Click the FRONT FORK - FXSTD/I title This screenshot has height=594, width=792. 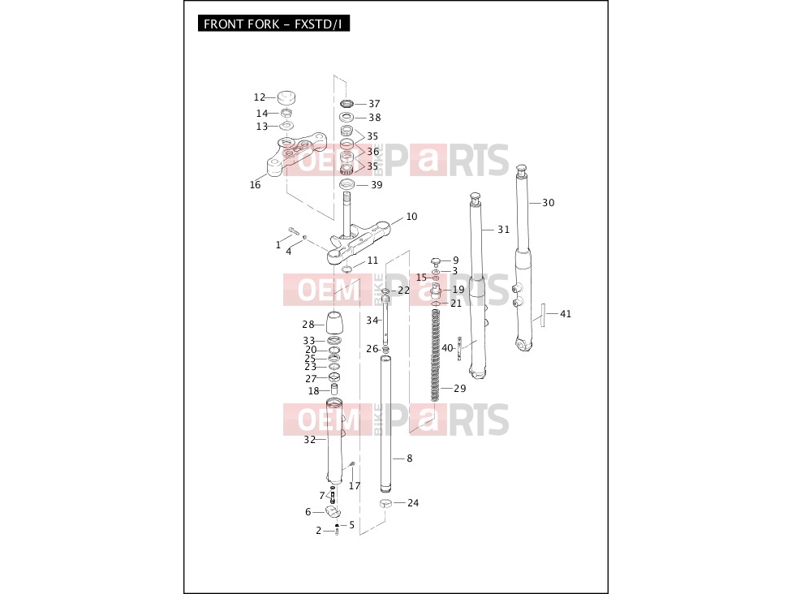(x=273, y=24)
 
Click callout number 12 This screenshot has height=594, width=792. (x=260, y=97)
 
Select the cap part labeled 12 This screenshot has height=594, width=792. (x=286, y=97)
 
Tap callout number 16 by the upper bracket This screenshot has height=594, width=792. (x=255, y=185)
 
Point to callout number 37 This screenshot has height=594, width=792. (x=374, y=104)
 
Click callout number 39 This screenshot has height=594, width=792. (x=377, y=185)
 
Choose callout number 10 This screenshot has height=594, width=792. (x=411, y=216)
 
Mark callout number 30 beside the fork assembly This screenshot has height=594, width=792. (x=549, y=203)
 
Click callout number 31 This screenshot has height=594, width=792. (x=504, y=230)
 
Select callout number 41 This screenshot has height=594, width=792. (x=566, y=314)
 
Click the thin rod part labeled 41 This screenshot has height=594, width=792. (x=543, y=315)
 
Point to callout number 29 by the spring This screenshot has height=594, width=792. (x=459, y=389)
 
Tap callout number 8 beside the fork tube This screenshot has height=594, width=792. (x=410, y=458)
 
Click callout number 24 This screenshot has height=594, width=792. (x=413, y=502)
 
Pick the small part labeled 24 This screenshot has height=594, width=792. (x=386, y=502)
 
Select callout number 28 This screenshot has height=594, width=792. (x=308, y=325)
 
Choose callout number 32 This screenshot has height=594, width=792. (x=309, y=440)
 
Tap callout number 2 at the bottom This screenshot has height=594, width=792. (x=319, y=531)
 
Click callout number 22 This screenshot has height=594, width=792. (x=403, y=291)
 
